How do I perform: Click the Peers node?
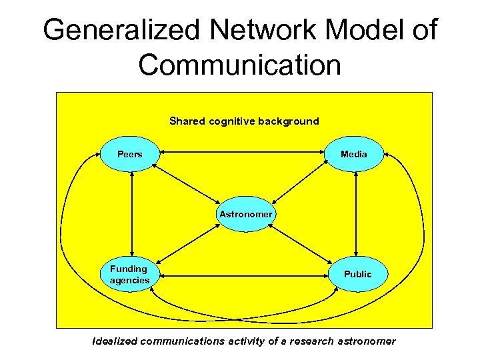coord(130,154)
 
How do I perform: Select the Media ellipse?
coord(353,154)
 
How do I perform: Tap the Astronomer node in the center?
coord(245,214)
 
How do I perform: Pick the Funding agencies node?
coord(129,274)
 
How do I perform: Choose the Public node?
coord(358,274)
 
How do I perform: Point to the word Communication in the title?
coord(240,65)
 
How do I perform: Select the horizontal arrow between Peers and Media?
coord(243,152)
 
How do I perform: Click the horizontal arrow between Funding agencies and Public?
coord(243,275)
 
